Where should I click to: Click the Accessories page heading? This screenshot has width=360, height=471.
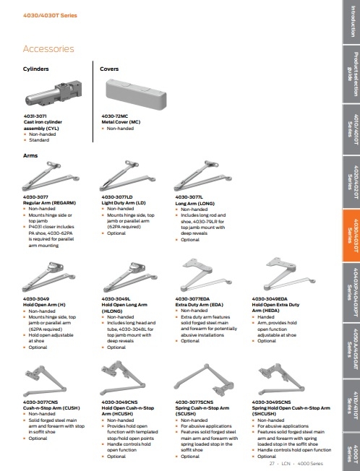pyautogui.click(x=48, y=49)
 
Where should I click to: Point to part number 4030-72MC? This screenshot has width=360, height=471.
pyautogui.click(x=113, y=116)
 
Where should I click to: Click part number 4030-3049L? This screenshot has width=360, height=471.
pyautogui.click(x=116, y=277)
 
